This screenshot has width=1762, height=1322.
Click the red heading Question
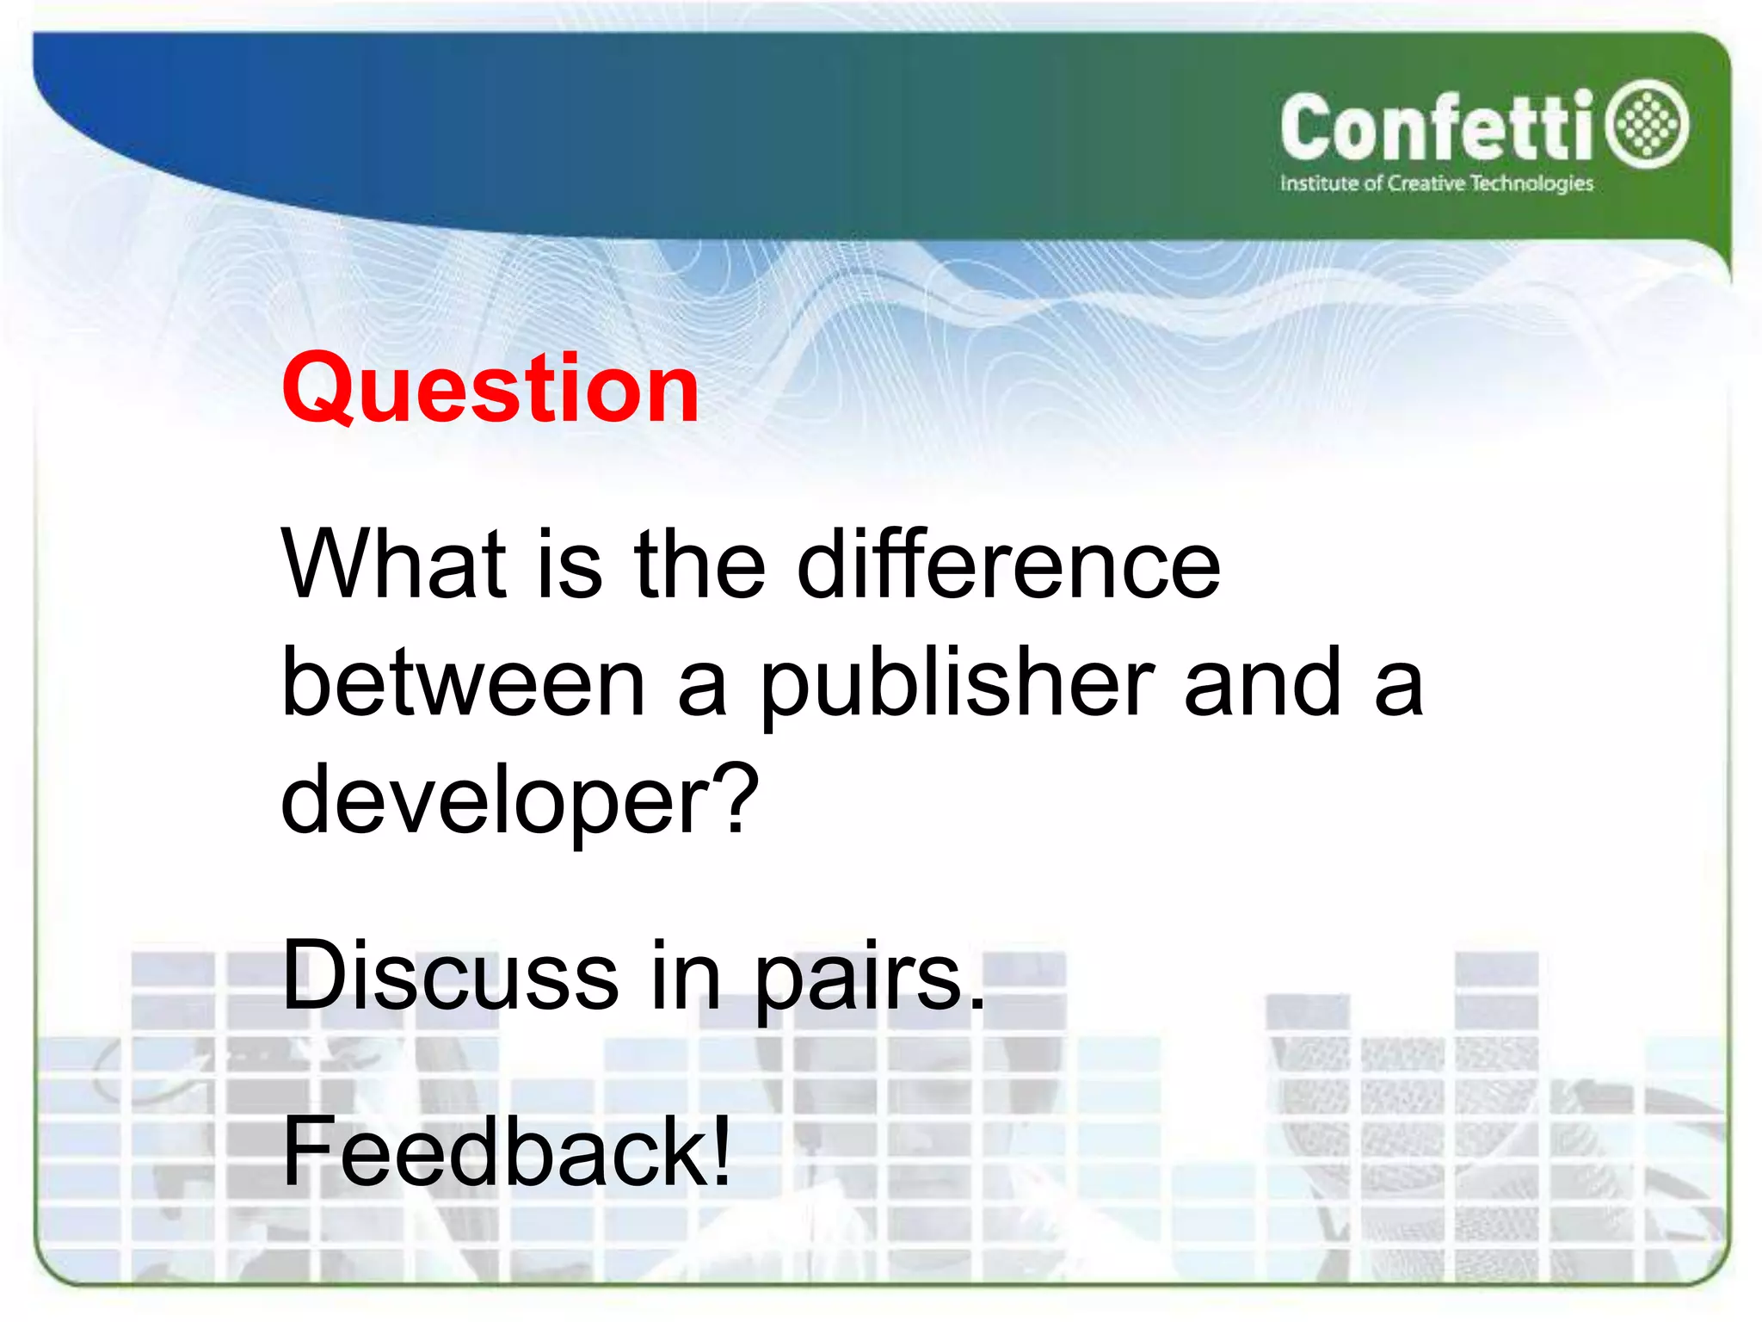pos(490,390)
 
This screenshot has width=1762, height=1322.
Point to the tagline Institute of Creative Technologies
pos(1436,183)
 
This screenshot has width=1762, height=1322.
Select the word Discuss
pos(449,977)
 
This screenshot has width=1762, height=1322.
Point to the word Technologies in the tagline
pos(1531,184)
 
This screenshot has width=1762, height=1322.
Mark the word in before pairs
pos(685,977)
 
